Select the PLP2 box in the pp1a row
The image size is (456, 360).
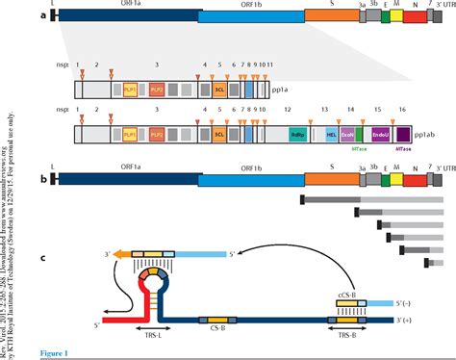click(157, 89)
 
